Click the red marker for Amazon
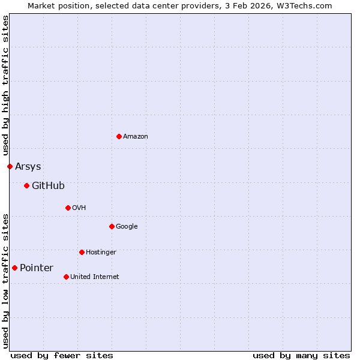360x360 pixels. (119, 136)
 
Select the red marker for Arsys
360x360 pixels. (10, 166)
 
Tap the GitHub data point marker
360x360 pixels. (26, 185)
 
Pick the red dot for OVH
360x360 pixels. (68, 208)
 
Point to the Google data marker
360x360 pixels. (112, 226)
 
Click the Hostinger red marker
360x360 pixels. (82, 252)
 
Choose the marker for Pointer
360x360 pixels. (14, 268)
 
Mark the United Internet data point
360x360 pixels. (66, 277)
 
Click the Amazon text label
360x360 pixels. (136, 137)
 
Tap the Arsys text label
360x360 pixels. (28, 167)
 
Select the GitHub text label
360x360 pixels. (48, 186)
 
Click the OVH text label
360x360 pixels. (79, 208)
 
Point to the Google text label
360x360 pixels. (127, 227)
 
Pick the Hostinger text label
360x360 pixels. (101, 253)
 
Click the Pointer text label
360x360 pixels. (37, 268)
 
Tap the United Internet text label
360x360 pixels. (95, 277)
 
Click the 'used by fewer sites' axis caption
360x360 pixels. (62, 355)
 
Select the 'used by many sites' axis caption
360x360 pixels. (301, 355)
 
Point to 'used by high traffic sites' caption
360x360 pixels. (5, 86)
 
